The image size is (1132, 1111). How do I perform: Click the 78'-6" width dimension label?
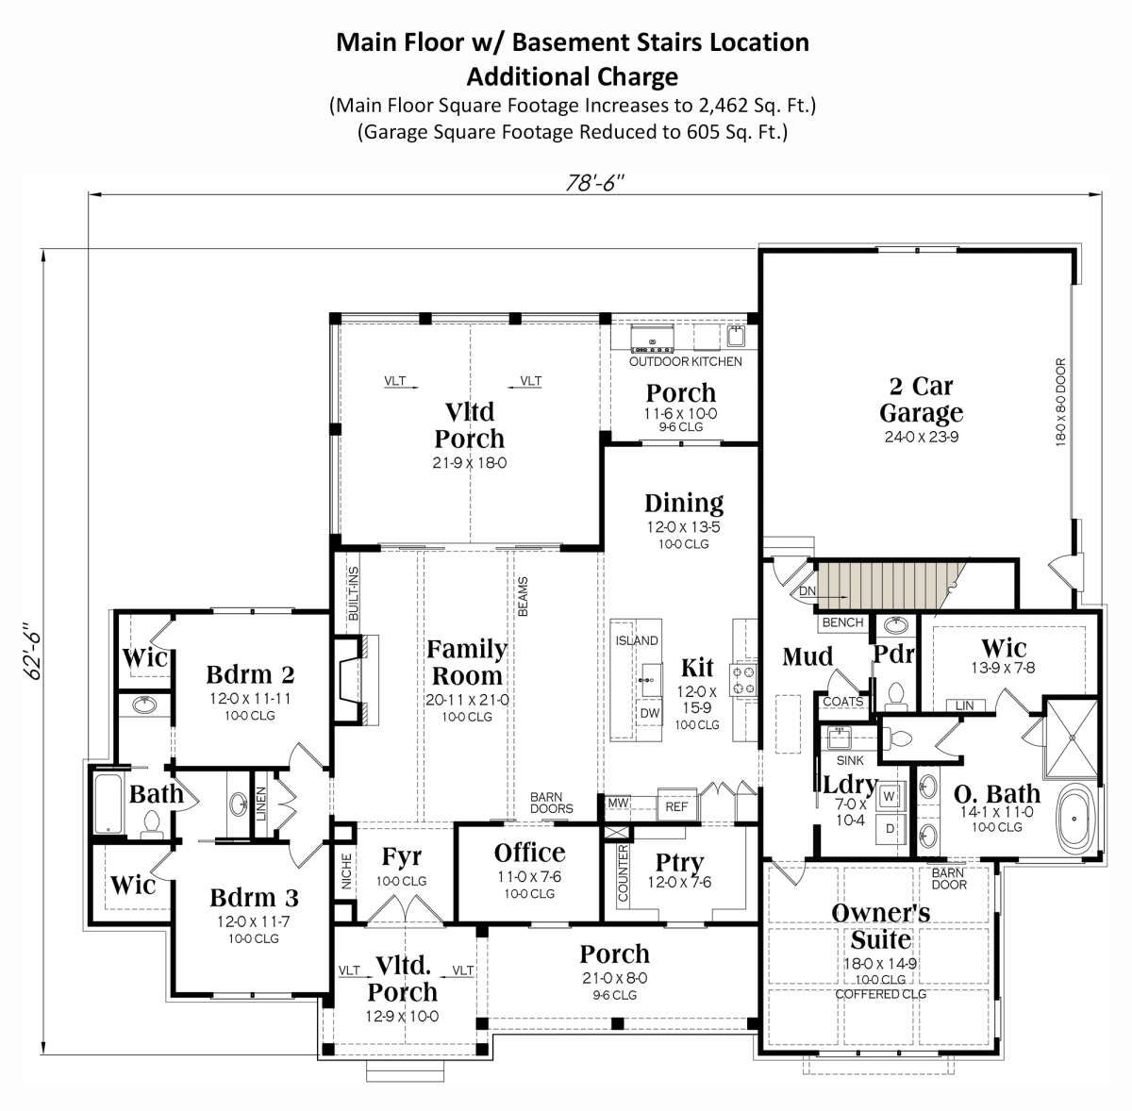point(594,183)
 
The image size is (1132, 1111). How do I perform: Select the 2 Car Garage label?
point(921,399)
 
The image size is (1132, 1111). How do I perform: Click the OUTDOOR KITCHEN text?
point(686,361)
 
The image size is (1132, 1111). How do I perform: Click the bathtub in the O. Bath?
point(1075,819)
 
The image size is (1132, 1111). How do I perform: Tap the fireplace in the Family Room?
point(356,680)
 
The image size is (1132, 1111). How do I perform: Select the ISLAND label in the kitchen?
point(637,640)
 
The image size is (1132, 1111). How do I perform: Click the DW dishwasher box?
point(649,713)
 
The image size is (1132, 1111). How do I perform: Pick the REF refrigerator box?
point(676,806)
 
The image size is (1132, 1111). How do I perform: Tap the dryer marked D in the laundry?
point(890,829)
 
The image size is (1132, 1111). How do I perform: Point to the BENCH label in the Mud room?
point(842,622)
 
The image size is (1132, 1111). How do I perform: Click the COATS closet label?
point(843,702)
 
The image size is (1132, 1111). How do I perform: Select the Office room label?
point(529,854)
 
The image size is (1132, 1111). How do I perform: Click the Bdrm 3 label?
point(255,898)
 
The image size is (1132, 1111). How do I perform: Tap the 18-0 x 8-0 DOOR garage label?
point(1061,403)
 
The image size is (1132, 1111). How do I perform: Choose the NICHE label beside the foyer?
point(346,871)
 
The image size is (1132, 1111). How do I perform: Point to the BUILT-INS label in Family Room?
point(353,593)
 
